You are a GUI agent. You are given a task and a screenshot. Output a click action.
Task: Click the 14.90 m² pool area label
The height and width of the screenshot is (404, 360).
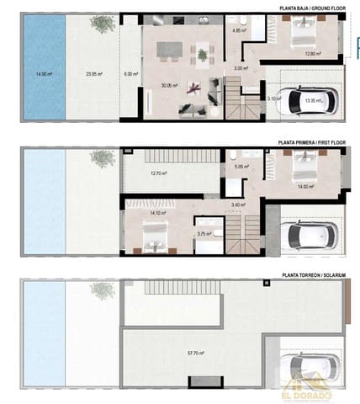click(x=44, y=74)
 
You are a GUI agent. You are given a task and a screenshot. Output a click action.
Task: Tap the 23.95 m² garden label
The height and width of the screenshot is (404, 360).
click(x=94, y=74)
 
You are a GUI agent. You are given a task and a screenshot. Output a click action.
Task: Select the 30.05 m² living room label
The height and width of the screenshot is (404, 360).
click(x=172, y=85)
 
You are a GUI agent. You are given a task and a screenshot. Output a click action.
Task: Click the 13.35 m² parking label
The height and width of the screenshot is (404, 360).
click(x=315, y=100)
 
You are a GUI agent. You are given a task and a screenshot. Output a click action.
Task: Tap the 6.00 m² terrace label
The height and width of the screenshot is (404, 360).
click(x=130, y=74)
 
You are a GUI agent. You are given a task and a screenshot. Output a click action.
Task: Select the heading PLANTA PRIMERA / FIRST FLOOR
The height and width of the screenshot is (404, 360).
click(x=309, y=144)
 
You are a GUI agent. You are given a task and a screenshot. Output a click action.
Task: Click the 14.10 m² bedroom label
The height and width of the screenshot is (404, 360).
click(x=157, y=214)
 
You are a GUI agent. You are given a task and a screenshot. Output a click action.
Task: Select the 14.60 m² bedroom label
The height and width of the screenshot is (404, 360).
click(x=304, y=187)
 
